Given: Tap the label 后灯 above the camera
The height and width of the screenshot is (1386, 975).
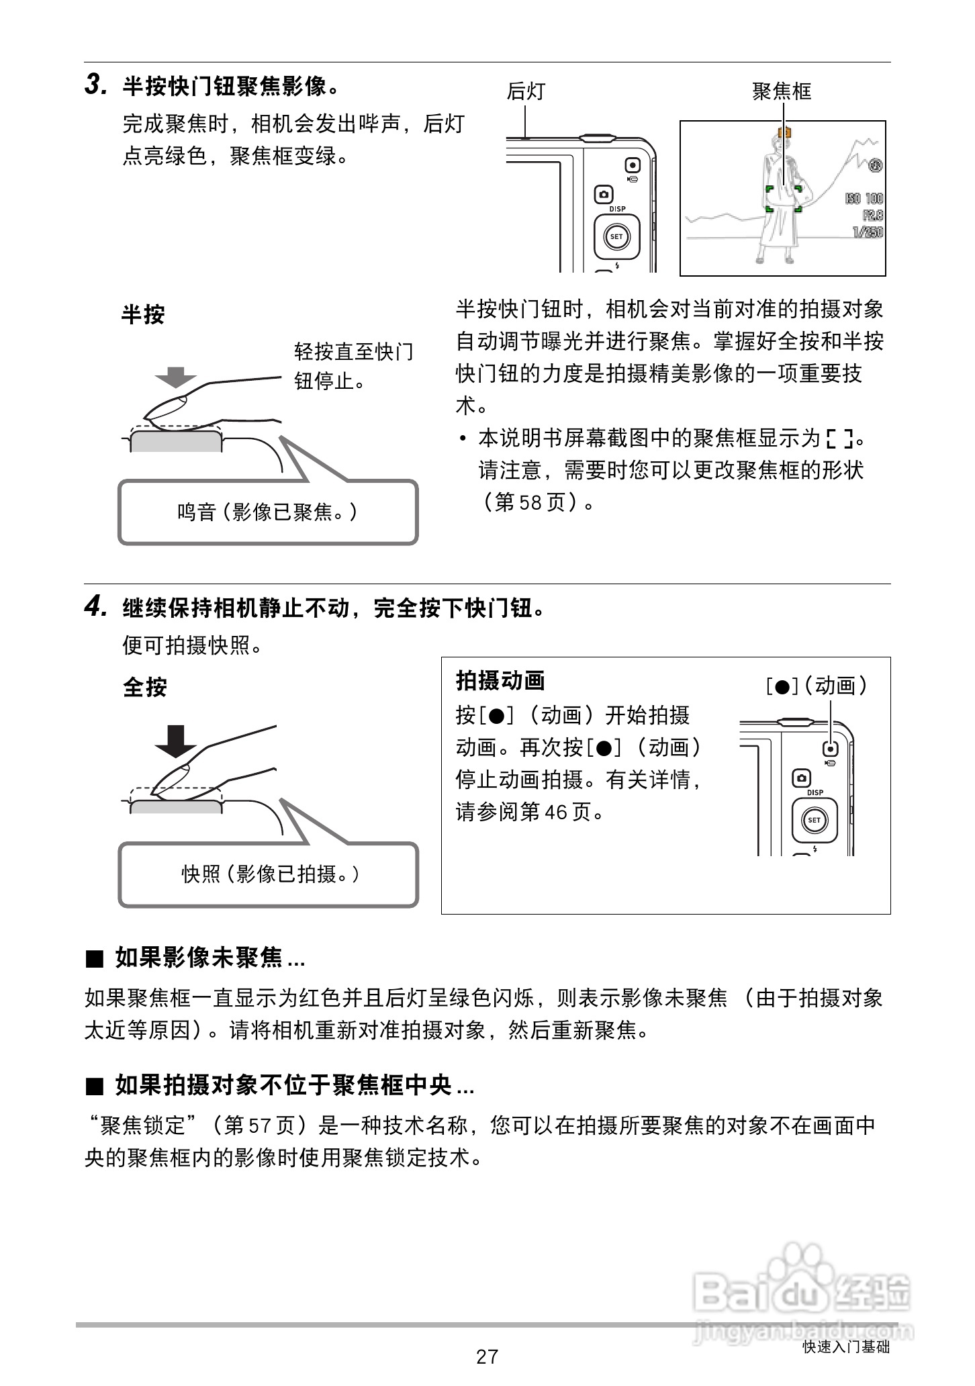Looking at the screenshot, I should click(x=525, y=91).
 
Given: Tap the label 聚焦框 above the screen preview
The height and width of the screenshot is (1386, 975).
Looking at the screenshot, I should click(x=782, y=91).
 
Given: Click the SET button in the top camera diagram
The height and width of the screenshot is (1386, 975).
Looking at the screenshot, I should click(x=616, y=236).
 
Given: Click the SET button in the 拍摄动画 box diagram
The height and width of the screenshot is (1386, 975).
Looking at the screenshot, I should click(x=814, y=820).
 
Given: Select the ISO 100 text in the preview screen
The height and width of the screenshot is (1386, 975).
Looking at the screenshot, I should click(x=864, y=199).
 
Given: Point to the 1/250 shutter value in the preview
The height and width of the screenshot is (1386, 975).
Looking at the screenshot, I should click(x=867, y=232).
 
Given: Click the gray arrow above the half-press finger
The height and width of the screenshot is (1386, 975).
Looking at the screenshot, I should click(x=175, y=377).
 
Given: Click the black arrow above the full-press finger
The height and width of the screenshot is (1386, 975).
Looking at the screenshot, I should click(x=175, y=740).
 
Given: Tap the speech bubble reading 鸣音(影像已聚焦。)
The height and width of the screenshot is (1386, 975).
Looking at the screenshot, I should click(x=267, y=512).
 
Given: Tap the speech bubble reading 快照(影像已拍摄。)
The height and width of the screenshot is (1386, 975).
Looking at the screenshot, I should click(x=269, y=874).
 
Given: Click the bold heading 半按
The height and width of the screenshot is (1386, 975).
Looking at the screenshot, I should click(x=142, y=314).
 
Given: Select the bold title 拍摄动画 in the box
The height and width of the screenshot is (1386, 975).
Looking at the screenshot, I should click(x=500, y=681).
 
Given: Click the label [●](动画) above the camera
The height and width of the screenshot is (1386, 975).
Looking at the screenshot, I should click(x=817, y=686).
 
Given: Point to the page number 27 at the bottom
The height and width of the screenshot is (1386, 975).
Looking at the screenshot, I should click(x=487, y=1356).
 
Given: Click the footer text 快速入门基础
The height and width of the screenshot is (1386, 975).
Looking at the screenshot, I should click(x=846, y=1346).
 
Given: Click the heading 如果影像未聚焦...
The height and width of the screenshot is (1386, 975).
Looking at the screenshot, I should click(x=198, y=958).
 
